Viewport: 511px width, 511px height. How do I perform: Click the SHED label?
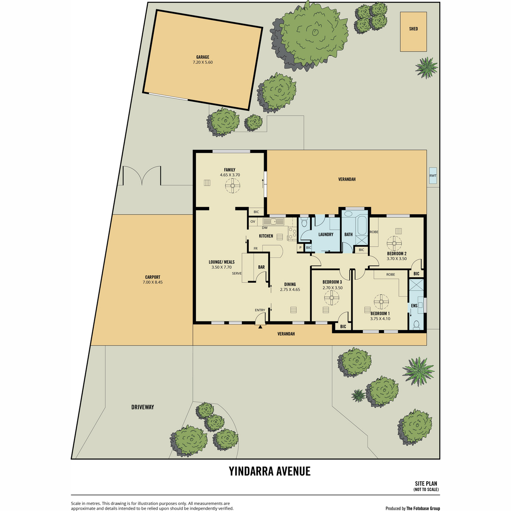tap(413, 29)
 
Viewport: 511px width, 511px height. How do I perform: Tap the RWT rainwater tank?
tap(433, 175)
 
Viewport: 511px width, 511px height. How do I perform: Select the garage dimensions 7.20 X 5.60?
tap(203, 62)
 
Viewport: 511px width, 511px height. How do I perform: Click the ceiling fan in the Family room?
tap(233, 185)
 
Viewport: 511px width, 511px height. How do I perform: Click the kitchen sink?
tap(273, 221)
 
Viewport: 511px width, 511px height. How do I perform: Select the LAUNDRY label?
tap(326, 234)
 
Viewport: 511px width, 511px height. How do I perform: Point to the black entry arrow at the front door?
tap(260, 327)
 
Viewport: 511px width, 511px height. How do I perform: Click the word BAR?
tap(261, 267)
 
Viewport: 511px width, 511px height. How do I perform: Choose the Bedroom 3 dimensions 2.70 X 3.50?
tap(332, 287)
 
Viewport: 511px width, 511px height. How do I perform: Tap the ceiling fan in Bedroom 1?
tap(381, 301)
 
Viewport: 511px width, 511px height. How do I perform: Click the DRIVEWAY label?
tap(143, 407)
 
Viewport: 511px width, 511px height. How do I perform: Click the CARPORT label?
tap(153, 277)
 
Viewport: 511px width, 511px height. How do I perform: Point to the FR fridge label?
tap(255, 248)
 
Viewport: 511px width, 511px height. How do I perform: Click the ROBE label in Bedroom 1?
tap(390, 275)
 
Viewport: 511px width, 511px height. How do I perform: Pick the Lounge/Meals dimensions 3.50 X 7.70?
tap(221, 267)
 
